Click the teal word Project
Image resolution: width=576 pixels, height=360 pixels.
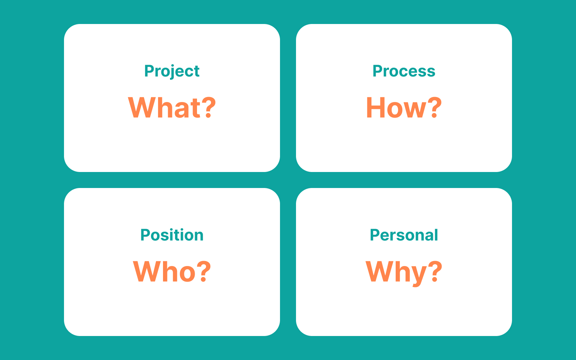[172, 71]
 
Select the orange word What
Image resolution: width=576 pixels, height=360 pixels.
[165, 108]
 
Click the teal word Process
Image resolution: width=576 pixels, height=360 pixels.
[404, 71]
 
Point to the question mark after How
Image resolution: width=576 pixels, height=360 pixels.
[434, 107]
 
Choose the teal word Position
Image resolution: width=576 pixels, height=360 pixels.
[172, 235]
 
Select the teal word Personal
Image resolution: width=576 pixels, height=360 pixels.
[404, 235]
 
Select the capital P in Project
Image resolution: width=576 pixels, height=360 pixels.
[149, 71]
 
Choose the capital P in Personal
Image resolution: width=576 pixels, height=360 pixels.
[375, 235]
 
